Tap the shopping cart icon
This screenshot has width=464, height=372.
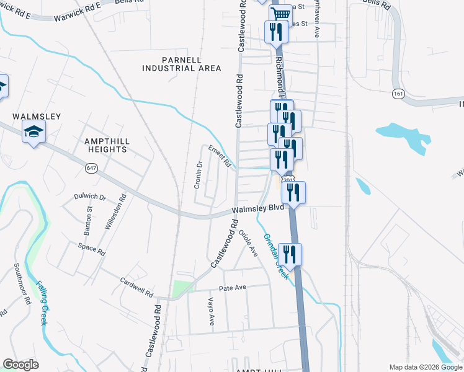point(280,13)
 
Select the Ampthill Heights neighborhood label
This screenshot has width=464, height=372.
point(107,145)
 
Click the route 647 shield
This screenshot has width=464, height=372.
point(92,167)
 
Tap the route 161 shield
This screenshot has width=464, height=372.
point(398,94)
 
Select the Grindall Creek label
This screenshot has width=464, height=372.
point(275,255)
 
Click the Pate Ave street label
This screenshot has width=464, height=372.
point(233,288)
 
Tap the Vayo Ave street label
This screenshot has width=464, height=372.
point(211,311)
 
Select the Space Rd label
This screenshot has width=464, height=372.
point(92,249)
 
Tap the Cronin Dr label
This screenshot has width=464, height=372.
point(199,174)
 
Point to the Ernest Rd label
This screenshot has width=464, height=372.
point(220,157)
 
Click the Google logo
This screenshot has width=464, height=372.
point(21,365)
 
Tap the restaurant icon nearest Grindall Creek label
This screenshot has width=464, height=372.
point(290,254)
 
